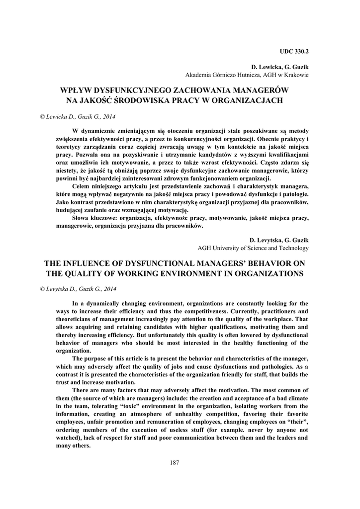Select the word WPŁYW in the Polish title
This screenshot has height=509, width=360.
tap(77, 90)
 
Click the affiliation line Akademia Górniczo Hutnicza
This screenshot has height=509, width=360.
tap(247, 75)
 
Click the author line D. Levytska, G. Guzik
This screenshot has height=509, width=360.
tap(278, 240)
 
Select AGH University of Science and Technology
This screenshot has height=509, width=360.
tap(253, 248)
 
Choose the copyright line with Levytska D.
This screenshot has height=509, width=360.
tap(78, 289)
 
